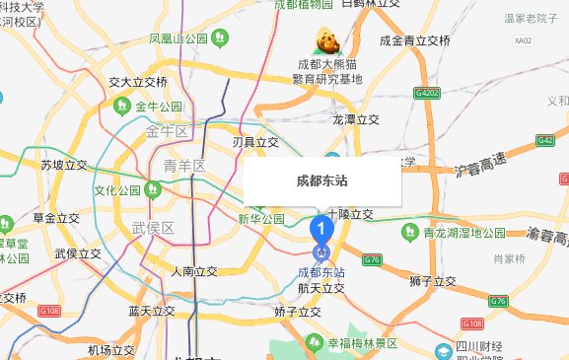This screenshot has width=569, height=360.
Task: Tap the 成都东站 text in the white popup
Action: pos(321,181)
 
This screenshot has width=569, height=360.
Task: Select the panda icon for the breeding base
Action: pos(326,42)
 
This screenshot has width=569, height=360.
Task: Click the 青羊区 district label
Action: pos(184,165)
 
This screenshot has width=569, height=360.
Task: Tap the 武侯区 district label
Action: pos(153,228)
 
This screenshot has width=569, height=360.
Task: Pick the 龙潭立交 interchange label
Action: pos(355,118)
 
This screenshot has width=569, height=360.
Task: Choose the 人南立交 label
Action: pos(193,270)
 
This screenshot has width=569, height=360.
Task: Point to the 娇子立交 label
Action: pos(298,311)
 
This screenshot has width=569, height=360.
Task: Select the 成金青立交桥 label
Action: pos(415,40)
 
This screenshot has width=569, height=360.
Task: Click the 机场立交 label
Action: pos(110,350)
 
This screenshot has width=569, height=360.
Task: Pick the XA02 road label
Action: pos(523,40)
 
